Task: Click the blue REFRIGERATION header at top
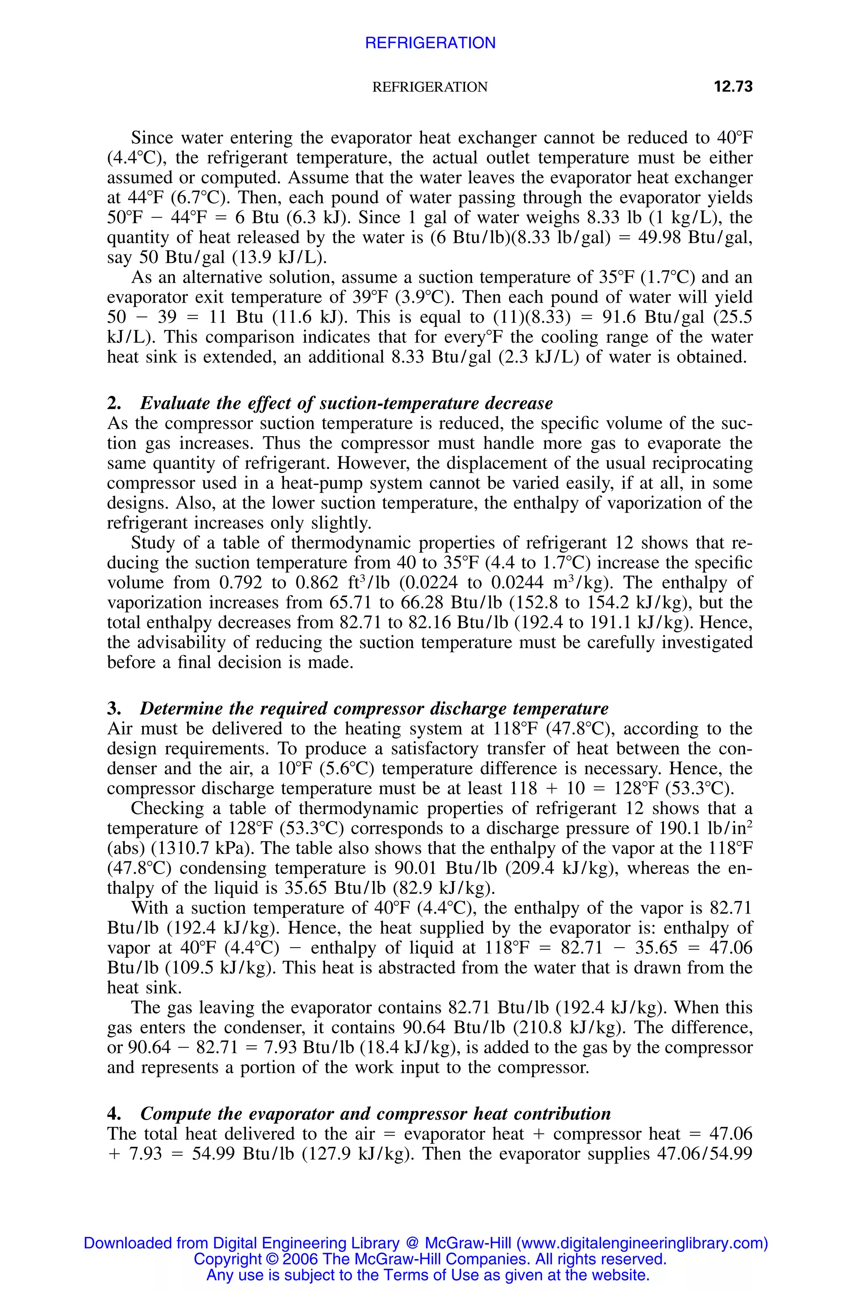pyautogui.click(x=430, y=43)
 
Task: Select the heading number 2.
pyautogui.click(x=114, y=403)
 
